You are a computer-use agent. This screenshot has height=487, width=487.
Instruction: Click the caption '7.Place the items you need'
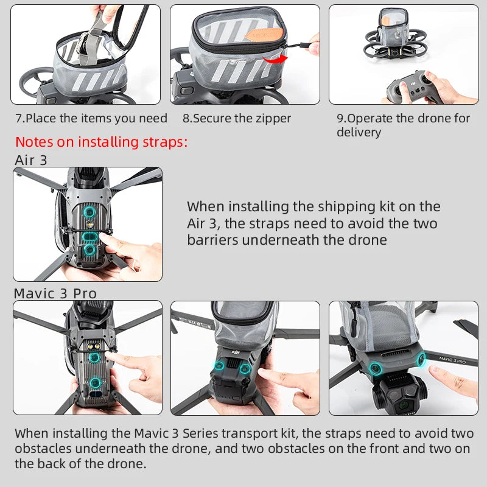pyautogui.click(x=91, y=118)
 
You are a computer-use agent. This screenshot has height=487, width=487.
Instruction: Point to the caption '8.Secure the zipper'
pyautogui.click(x=237, y=118)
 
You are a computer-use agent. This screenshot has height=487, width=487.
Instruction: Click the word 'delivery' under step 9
pyautogui.click(x=359, y=132)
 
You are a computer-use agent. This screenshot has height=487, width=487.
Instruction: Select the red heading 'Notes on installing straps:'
pyautogui.click(x=101, y=142)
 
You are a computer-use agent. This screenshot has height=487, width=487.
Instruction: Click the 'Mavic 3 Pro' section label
pyautogui.click(x=55, y=293)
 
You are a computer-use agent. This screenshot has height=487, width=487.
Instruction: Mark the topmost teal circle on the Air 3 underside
pyautogui.click(x=89, y=212)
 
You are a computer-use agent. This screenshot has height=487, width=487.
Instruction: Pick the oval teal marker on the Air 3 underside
pyautogui.click(x=89, y=236)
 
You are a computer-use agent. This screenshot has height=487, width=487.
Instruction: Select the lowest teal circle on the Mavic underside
pyautogui.click(x=95, y=382)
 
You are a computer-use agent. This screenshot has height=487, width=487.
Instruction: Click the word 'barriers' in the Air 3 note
pyautogui.click(x=212, y=239)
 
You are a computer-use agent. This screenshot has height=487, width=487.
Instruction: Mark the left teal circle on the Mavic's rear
pyautogui.click(x=220, y=367)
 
